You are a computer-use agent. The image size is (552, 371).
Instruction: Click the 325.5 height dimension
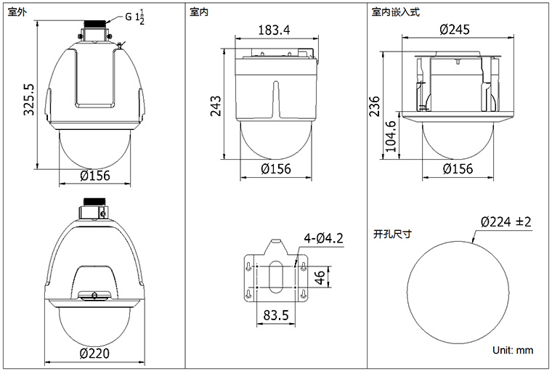tap(28, 99)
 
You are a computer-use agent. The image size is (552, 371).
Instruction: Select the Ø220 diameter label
tap(94, 353)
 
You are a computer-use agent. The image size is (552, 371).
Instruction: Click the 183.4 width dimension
tap(275, 30)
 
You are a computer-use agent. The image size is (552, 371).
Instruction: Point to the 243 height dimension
tap(216, 105)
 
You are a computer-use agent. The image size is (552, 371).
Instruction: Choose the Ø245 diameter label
tap(455, 29)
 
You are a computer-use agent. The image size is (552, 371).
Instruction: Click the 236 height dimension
tap(375, 106)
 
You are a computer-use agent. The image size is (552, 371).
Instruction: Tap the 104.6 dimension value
tap(391, 136)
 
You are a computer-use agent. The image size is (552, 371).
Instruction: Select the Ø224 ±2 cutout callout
tap(506, 221)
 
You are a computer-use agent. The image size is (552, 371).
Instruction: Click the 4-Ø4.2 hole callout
tap(323, 238)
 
